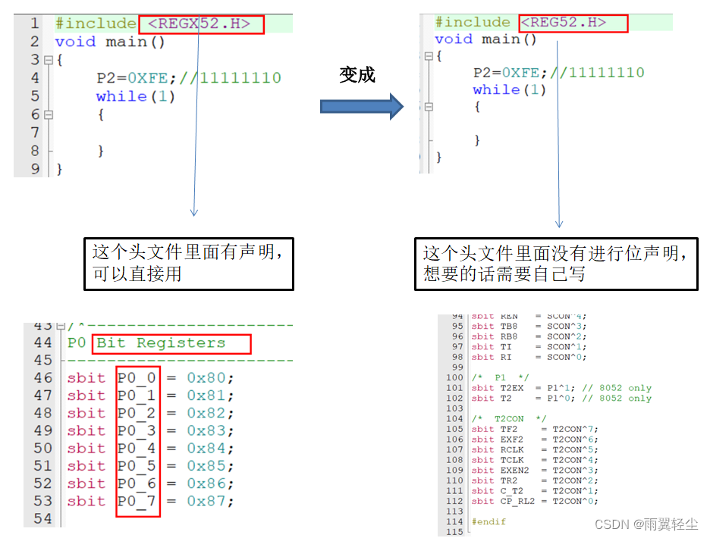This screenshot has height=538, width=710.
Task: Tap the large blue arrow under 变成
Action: tap(361, 105)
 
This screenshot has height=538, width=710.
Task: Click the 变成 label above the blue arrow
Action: tap(357, 74)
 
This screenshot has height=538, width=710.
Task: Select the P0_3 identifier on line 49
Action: tap(137, 430)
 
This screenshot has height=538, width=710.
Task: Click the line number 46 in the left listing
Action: tap(43, 377)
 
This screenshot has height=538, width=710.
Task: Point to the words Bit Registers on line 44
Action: tap(161, 343)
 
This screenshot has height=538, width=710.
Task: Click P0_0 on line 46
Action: tap(137, 377)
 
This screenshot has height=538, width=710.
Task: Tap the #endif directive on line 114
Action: tap(489, 521)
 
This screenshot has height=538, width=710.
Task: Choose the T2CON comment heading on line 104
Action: tap(509, 418)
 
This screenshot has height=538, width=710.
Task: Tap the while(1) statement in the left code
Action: tap(136, 96)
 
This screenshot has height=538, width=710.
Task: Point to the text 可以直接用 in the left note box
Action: tap(137, 274)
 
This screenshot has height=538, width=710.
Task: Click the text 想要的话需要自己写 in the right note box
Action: tap(504, 274)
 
